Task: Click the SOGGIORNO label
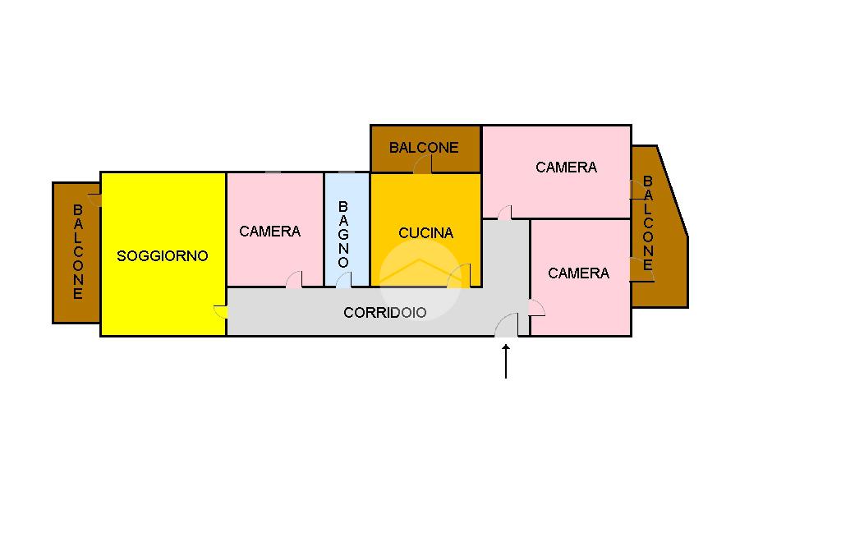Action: point(163,255)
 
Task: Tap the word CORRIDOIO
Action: point(384,312)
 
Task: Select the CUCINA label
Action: point(425,232)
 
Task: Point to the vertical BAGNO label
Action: point(343,234)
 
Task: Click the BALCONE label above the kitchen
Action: point(424,148)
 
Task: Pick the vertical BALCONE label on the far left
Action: point(78,251)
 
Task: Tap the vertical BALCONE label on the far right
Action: point(648,223)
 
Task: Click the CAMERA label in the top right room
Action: point(566,167)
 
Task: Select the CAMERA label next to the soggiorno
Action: point(269,232)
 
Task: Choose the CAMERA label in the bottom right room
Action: point(578,273)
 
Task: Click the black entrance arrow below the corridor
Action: point(506,361)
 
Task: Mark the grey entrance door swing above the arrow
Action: point(508,326)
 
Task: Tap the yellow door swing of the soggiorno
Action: point(220,312)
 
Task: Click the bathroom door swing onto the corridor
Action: point(344,279)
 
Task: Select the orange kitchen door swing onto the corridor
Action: point(460,277)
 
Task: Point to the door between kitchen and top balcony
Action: point(423,164)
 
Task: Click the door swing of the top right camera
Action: point(505,213)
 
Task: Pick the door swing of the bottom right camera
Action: point(536,308)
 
